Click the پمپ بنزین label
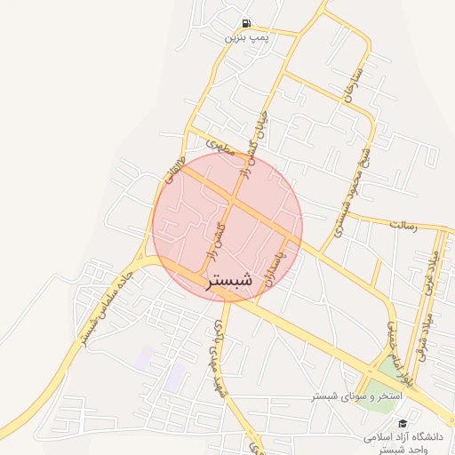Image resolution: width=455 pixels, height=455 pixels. click(245, 37)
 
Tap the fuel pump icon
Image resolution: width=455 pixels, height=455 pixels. click(245, 24)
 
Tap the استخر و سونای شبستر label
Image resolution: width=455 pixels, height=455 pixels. click(355, 394)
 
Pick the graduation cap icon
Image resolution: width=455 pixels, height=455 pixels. click(403, 425)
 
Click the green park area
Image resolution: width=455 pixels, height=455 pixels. click(390, 370)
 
